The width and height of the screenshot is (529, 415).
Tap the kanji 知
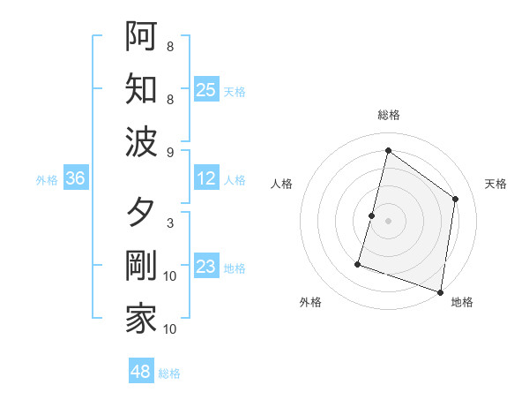click(x=141, y=88)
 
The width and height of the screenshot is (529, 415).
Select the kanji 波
click(x=141, y=141)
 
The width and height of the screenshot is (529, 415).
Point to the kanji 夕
click(x=141, y=213)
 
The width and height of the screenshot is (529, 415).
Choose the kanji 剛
click(x=141, y=267)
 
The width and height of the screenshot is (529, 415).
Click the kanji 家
click(x=141, y=320)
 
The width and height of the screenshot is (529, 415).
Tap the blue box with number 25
click(x=206, y=89)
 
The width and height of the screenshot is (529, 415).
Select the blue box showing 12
click(x=206, y=179)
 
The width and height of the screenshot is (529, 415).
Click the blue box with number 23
click(x=206, y=268)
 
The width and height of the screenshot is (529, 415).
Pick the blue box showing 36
click(x=76, y=179)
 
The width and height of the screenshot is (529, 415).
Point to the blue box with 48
click(x=141, y=372)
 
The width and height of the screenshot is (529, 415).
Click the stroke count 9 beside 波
click(x=170, y=153)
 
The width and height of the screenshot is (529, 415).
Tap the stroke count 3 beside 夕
click(x=170, y=223)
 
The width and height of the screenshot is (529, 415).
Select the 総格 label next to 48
click(x=169, y=373)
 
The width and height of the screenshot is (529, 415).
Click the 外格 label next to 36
click(x=47, y=180)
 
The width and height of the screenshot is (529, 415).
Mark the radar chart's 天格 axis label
click(x=495, y=184)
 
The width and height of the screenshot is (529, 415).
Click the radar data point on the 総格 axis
click(x=388, y=151)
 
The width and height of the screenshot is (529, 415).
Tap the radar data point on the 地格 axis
click(x=440, y=291)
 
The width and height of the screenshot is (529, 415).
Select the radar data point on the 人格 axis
click(x=372, y=215)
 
